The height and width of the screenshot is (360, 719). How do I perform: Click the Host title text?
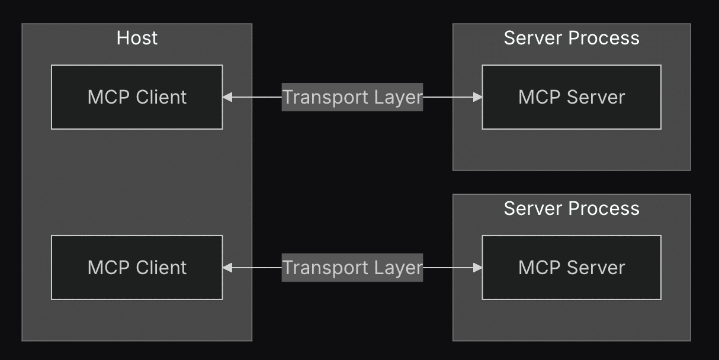tap(137, 38)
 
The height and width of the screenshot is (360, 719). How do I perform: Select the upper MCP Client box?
tap(137, 97)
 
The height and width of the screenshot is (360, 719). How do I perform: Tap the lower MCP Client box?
tap(137, 268)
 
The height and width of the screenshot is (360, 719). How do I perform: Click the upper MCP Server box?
tap(572, 97)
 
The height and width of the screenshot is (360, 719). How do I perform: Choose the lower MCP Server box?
tap(572, 268)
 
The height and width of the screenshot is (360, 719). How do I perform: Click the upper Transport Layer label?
tap(352, 97)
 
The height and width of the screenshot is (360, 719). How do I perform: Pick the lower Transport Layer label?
tap(352, 268)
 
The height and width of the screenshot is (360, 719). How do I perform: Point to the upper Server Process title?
tap(572, 38)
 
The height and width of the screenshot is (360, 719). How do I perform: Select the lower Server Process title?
tap(572, 208)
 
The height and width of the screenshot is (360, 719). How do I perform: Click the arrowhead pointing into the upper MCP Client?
tap(227, 97)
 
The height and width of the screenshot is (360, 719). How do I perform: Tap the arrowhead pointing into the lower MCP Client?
tap(227, 268)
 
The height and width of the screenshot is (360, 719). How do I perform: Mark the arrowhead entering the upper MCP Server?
tap(477, 97)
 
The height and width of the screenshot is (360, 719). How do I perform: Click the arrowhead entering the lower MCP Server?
tap(477, 268)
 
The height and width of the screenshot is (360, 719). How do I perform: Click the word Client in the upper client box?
tap(161, 97)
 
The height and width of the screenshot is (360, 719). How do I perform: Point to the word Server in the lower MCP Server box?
tap(596, 268)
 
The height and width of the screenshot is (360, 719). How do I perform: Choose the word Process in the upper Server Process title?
tap(604, 38)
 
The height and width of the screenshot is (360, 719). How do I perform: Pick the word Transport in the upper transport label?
tap(325, 97)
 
